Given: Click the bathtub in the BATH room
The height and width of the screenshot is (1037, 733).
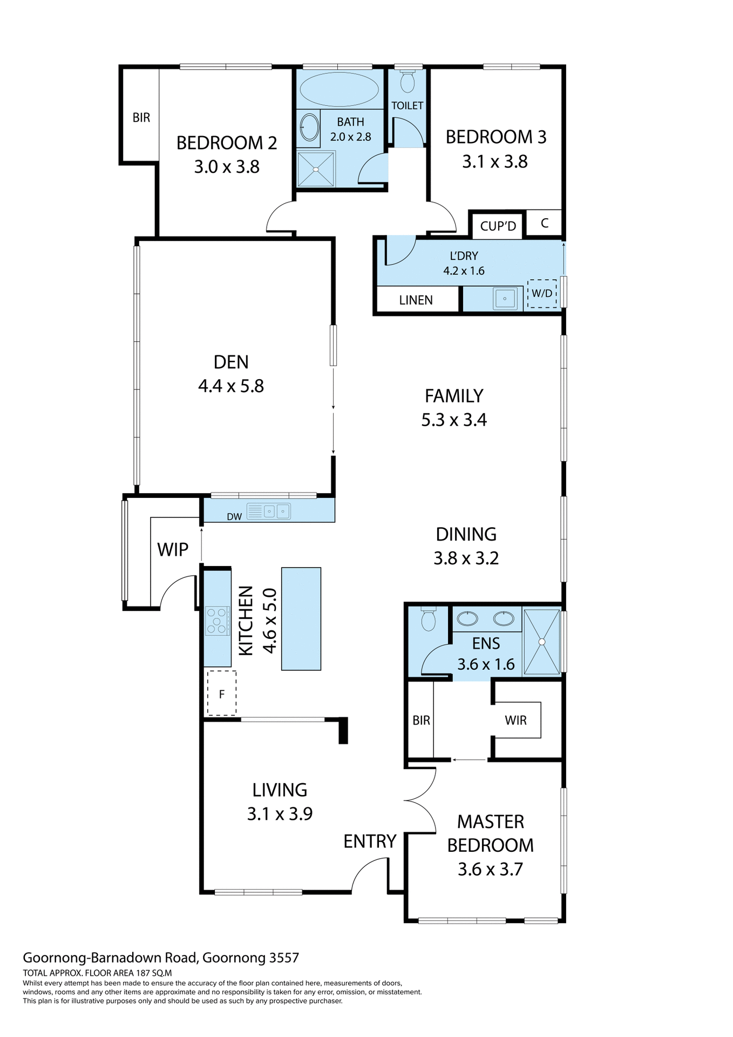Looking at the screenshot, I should [340, 90].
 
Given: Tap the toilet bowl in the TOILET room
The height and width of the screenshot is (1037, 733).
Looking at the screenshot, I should [408, 82].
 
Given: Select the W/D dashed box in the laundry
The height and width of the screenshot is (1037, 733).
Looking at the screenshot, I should [542, 294].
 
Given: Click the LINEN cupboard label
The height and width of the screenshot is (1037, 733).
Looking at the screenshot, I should [416, 300].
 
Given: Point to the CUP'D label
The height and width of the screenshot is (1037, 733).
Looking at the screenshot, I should [498, 226].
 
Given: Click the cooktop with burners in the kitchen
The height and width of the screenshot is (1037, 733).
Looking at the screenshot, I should [217, 621].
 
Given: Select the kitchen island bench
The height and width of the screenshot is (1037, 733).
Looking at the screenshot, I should [301, 619].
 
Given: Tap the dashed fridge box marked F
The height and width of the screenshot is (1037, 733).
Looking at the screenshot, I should [222, 693].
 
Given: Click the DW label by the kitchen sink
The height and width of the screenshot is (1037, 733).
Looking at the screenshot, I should [234, 517].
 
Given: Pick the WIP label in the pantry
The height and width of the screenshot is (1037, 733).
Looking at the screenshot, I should [173, 550].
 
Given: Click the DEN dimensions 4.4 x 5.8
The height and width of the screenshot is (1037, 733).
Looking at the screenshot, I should [231, 386].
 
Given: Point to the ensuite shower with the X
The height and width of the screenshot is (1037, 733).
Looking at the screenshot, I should [541, 642].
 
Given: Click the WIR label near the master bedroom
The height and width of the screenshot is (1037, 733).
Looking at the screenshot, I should [515, 720].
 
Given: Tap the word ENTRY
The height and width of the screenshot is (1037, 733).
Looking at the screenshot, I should [370, 841].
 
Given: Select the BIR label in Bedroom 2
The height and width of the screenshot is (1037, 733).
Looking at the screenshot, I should [141, 117].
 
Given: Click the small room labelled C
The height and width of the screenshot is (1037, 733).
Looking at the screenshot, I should [544, 223].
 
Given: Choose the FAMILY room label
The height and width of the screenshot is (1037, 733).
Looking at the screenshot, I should [454, 396].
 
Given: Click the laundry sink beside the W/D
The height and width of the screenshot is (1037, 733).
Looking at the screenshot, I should [505, 298].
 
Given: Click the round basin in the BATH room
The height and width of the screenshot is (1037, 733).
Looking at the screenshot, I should [309, 127].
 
